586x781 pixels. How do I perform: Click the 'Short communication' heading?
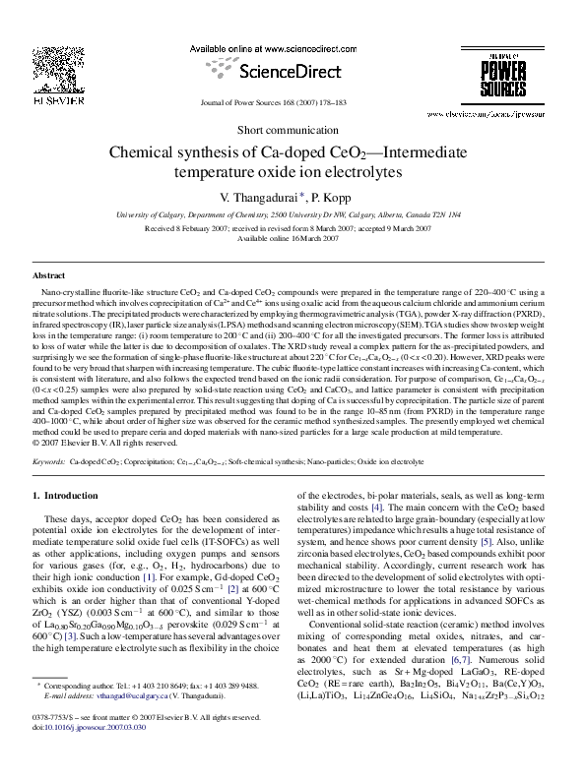point(293,130)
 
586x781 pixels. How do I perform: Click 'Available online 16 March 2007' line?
point(293,238)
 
